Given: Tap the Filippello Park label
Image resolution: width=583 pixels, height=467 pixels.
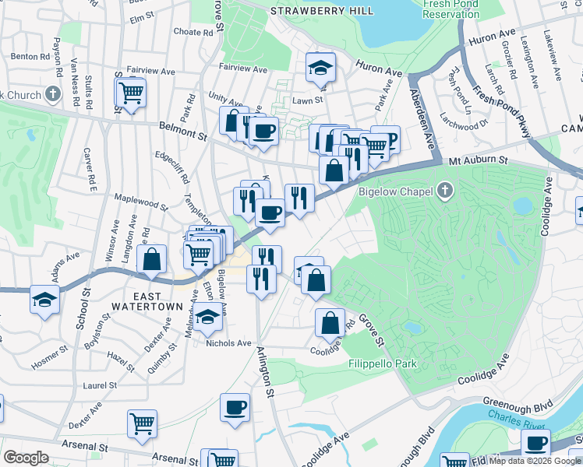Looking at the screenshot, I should (x=383, y=363).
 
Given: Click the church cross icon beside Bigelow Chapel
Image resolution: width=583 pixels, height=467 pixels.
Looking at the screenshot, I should (x=445, y=190).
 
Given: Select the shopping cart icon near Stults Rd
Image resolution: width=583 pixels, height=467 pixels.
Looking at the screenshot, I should (x=131, y=93).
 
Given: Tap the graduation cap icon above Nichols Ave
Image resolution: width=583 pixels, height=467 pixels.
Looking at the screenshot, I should (x=207, y=316).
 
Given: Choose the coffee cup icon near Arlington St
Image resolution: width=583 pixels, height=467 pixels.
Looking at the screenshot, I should (x=235, y=407).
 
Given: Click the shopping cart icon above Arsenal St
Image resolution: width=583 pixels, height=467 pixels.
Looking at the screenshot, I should (x=142, y=423).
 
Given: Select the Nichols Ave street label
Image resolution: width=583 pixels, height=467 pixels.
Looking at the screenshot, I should (x=228, y=343).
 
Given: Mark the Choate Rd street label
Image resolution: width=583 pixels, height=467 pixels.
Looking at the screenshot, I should (x=193, y=33).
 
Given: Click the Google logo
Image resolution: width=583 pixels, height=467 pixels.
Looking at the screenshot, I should (x=26, y=458).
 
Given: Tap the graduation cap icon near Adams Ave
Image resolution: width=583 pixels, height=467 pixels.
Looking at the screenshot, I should (x=45, y=299).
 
